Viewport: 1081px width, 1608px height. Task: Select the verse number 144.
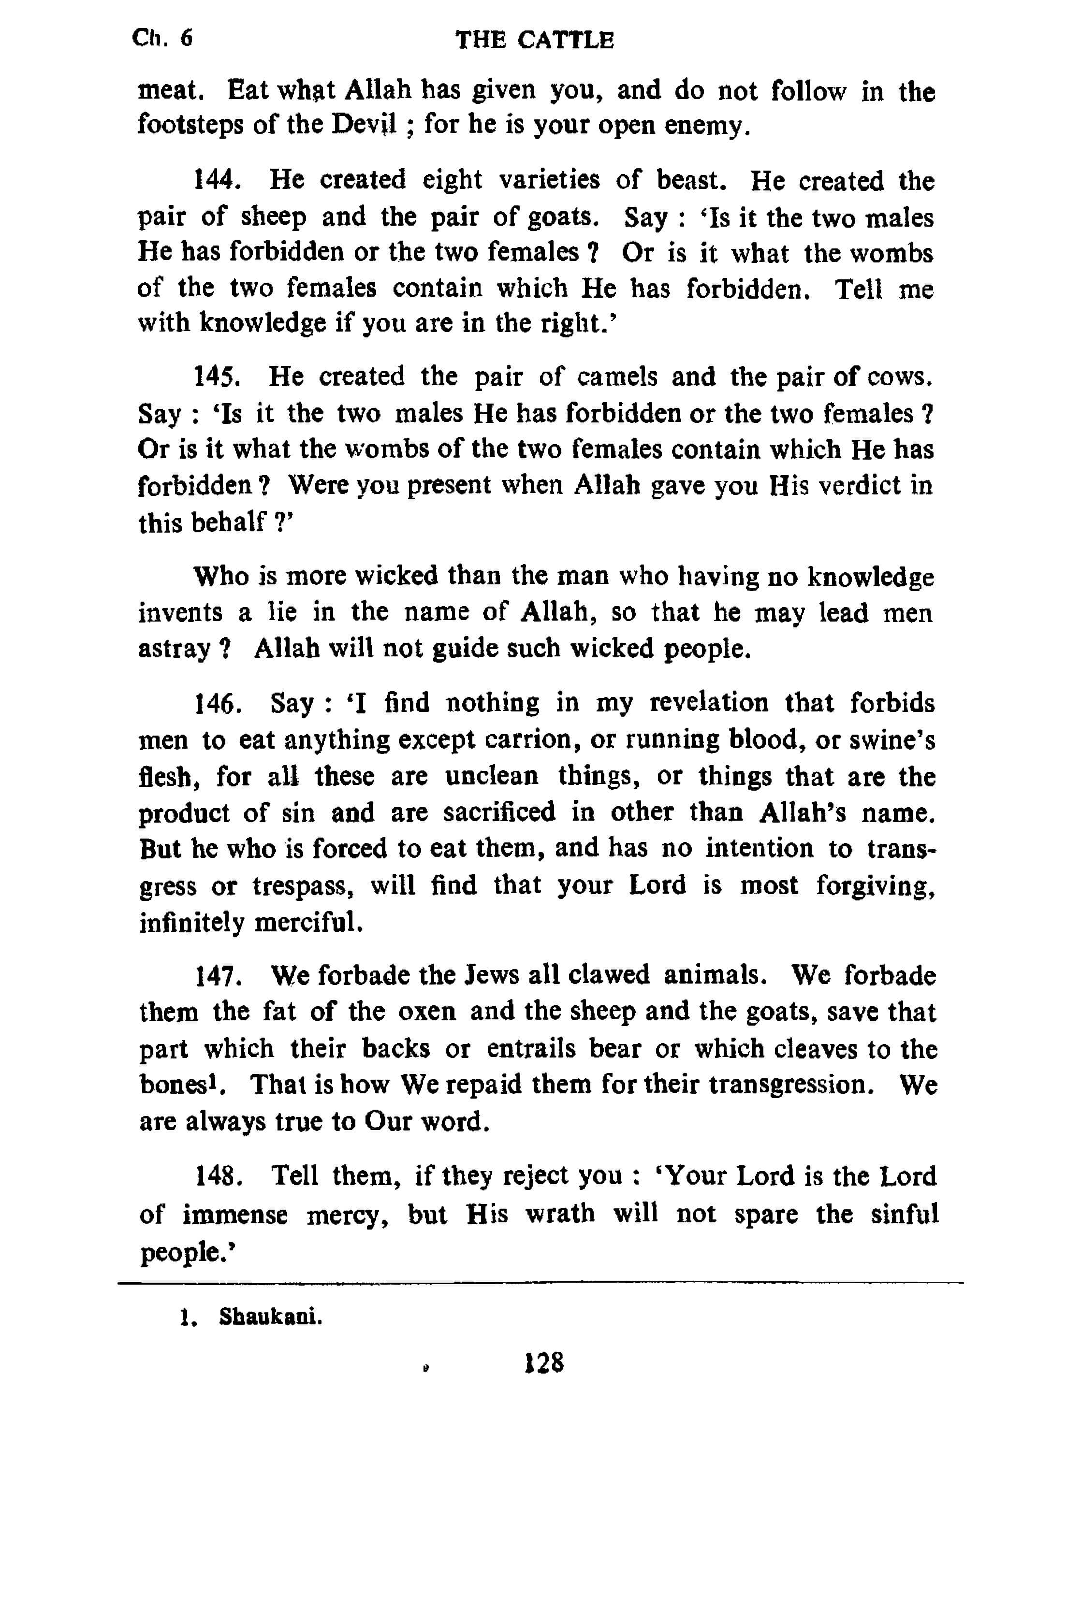pyautogui.click(x=217, y=181)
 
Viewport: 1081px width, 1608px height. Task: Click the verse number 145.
pyautogui.click(x=217, y=377)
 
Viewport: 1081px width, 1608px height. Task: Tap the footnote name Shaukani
pyautogui.click(x=270, y=1317)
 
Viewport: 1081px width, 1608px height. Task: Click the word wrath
pyautogui.click(x=560, y=1213)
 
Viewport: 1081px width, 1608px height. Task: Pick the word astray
pyautogui.click(x=174, y=649)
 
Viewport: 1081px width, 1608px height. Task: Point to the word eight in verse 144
pyautogui.click(x=452, y=181)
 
